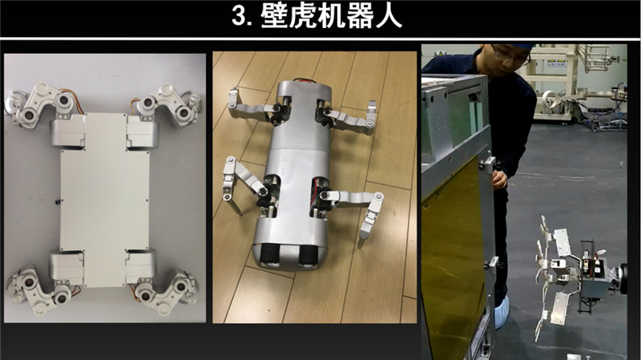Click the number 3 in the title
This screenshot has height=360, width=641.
tap(239, 17)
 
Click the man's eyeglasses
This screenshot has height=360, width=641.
tap(511, 57)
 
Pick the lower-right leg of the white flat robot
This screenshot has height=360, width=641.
tap(167, 289)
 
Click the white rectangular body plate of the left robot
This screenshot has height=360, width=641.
tap(105, 200)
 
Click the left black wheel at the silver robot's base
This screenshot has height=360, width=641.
tap(270, 255)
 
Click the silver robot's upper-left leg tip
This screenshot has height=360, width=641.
tap(233, 97)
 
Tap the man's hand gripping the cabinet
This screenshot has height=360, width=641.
tap(499, 179)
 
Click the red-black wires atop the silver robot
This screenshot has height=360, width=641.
tap(302, 81)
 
